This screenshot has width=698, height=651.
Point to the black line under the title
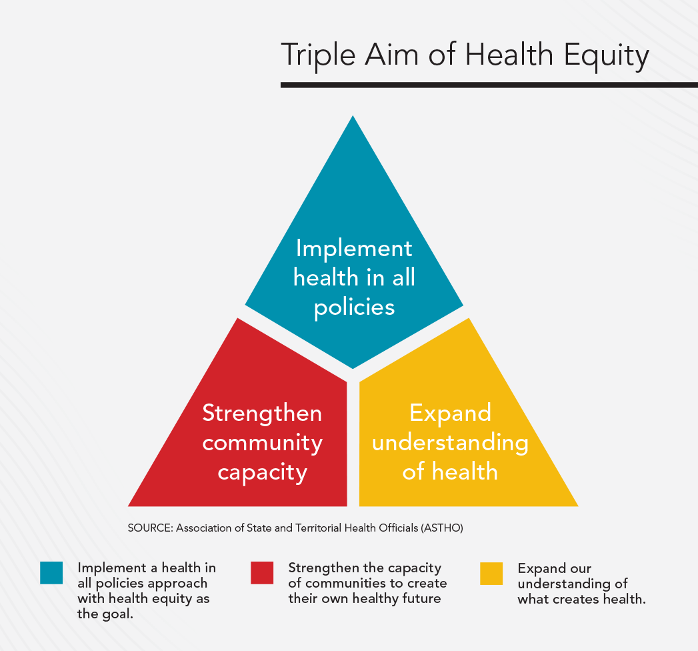click(489, 85)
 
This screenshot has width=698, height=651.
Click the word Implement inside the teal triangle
click(354, 249)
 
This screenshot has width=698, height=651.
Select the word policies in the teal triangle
click(354, 307)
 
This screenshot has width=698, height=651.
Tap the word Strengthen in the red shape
click(262, 414)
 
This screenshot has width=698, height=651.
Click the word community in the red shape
click(262, 442)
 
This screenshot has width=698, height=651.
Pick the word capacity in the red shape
click(262, 472)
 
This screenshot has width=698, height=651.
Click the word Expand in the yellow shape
click(450, 414)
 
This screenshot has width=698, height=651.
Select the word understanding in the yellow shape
click(450, 442)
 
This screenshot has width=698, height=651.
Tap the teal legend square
click(51, 572)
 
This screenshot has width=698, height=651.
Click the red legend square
click(262, 572)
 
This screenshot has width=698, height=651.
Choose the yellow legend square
click(491, 572)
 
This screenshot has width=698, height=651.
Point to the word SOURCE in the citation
click(149, 528)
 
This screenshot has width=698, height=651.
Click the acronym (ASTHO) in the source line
click(442, 528)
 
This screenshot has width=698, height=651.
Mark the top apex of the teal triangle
click(353, 119)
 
